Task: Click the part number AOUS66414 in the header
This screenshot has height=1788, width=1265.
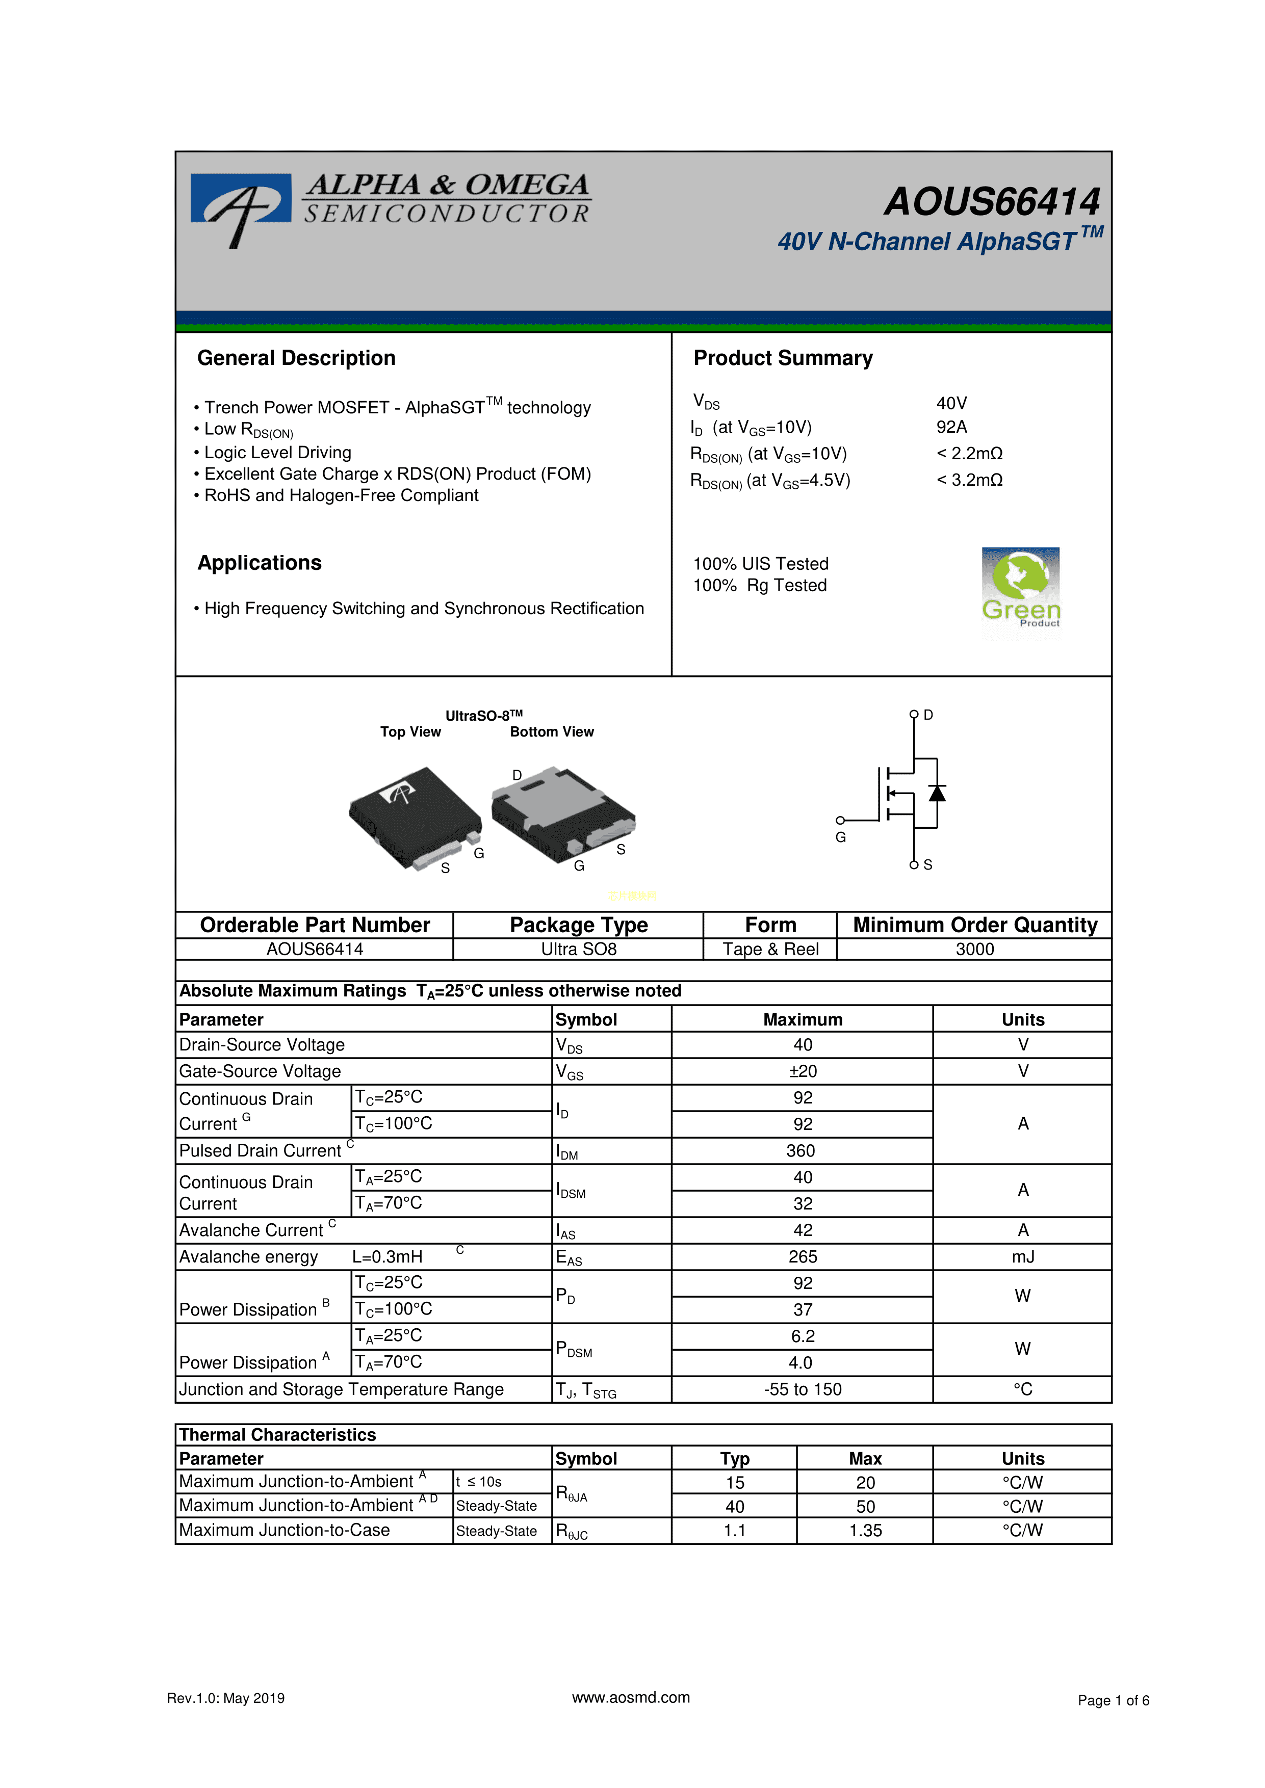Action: (992, 202)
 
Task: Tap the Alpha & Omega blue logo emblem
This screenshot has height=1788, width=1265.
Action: (241, 204)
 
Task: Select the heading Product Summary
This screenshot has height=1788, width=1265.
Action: (783, 358)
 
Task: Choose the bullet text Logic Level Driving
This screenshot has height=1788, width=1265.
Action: (277, 453)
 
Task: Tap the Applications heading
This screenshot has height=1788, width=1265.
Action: (260, 563)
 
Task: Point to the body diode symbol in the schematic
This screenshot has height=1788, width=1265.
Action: (937, 794)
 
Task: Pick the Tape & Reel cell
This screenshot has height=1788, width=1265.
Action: (770, 949)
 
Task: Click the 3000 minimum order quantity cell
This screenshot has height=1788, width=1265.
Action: (974, 949)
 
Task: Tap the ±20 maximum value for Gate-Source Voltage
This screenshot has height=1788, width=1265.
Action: (803, 1071)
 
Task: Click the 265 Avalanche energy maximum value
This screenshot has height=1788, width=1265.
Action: (803, 1257)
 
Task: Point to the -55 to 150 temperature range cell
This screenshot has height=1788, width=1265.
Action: (803, 1389)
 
